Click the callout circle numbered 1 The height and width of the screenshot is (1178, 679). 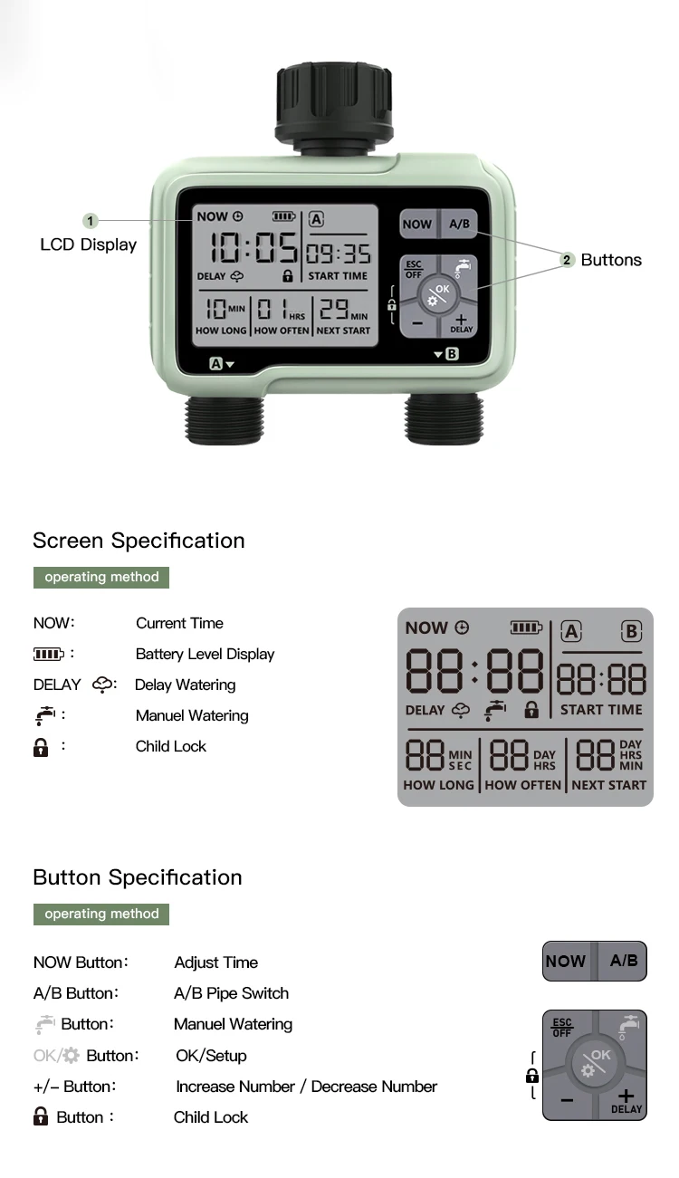[x=90, y=221]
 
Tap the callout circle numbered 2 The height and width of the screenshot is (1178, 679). [x=567, y=260]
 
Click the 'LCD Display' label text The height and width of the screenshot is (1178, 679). [x=89, y=244]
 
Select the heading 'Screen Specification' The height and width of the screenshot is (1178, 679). [x=139, y=541]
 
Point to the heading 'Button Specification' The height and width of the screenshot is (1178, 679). [x=138, y=877]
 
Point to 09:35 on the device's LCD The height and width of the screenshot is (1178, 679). [x=338, y=253]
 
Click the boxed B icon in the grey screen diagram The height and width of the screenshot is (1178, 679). [x=631, y=630]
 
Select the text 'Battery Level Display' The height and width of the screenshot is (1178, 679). [x=205, y=654]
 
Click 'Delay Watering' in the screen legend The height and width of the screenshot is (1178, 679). [x=185, y=685]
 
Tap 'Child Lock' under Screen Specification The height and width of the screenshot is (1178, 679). [x=171, y=746]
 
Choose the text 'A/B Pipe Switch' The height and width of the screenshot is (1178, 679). [x=231, y=993]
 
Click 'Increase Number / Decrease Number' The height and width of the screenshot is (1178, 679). [x=306, y=1087]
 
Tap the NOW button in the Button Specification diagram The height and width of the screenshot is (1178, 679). [x=566, y=961]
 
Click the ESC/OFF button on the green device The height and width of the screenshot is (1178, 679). [x=414, y=269]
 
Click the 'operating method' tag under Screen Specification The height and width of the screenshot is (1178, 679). [x=101, y=578]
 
